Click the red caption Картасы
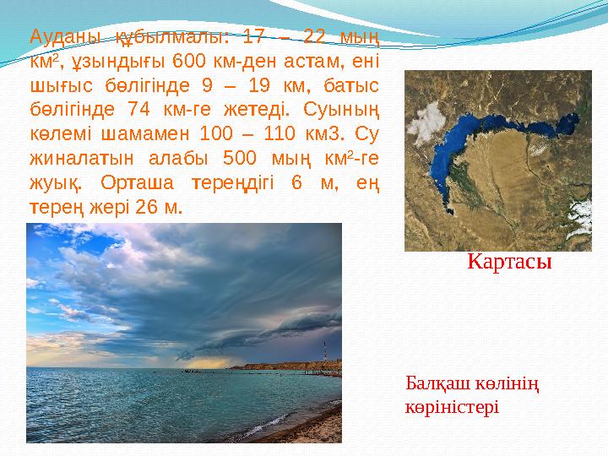tap(509, 263)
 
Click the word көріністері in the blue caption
tap(452, 406)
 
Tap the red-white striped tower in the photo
tap(325, 354)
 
